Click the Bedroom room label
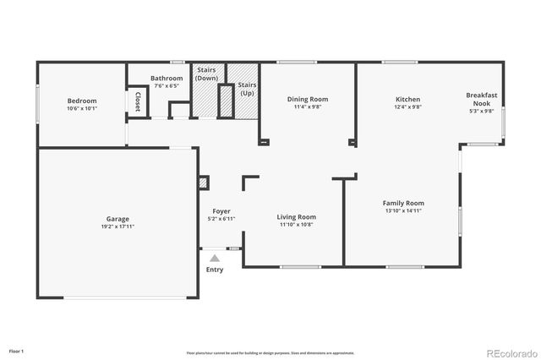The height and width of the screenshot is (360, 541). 82,101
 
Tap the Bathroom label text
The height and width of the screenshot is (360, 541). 167,79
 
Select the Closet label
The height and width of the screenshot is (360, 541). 138,101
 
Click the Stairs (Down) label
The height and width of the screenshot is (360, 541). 207,74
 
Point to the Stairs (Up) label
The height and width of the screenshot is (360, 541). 247,89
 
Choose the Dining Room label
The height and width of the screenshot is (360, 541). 308,99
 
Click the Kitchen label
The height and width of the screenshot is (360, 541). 408,99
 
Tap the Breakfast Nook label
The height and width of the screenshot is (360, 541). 481,99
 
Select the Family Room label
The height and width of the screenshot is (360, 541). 403,203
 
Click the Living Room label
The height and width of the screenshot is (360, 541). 296,217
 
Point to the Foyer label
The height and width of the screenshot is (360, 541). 221,211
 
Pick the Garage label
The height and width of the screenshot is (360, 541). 117,218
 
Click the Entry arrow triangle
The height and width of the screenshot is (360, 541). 215,258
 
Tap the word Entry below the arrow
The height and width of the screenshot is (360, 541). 215,270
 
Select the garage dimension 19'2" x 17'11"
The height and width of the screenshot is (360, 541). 117,226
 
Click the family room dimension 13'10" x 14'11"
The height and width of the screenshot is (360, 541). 403,211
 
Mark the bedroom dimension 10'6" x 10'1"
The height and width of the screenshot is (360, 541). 82,108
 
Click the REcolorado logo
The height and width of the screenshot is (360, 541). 509,352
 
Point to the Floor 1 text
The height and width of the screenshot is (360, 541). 17,350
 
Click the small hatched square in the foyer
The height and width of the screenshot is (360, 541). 203,182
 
